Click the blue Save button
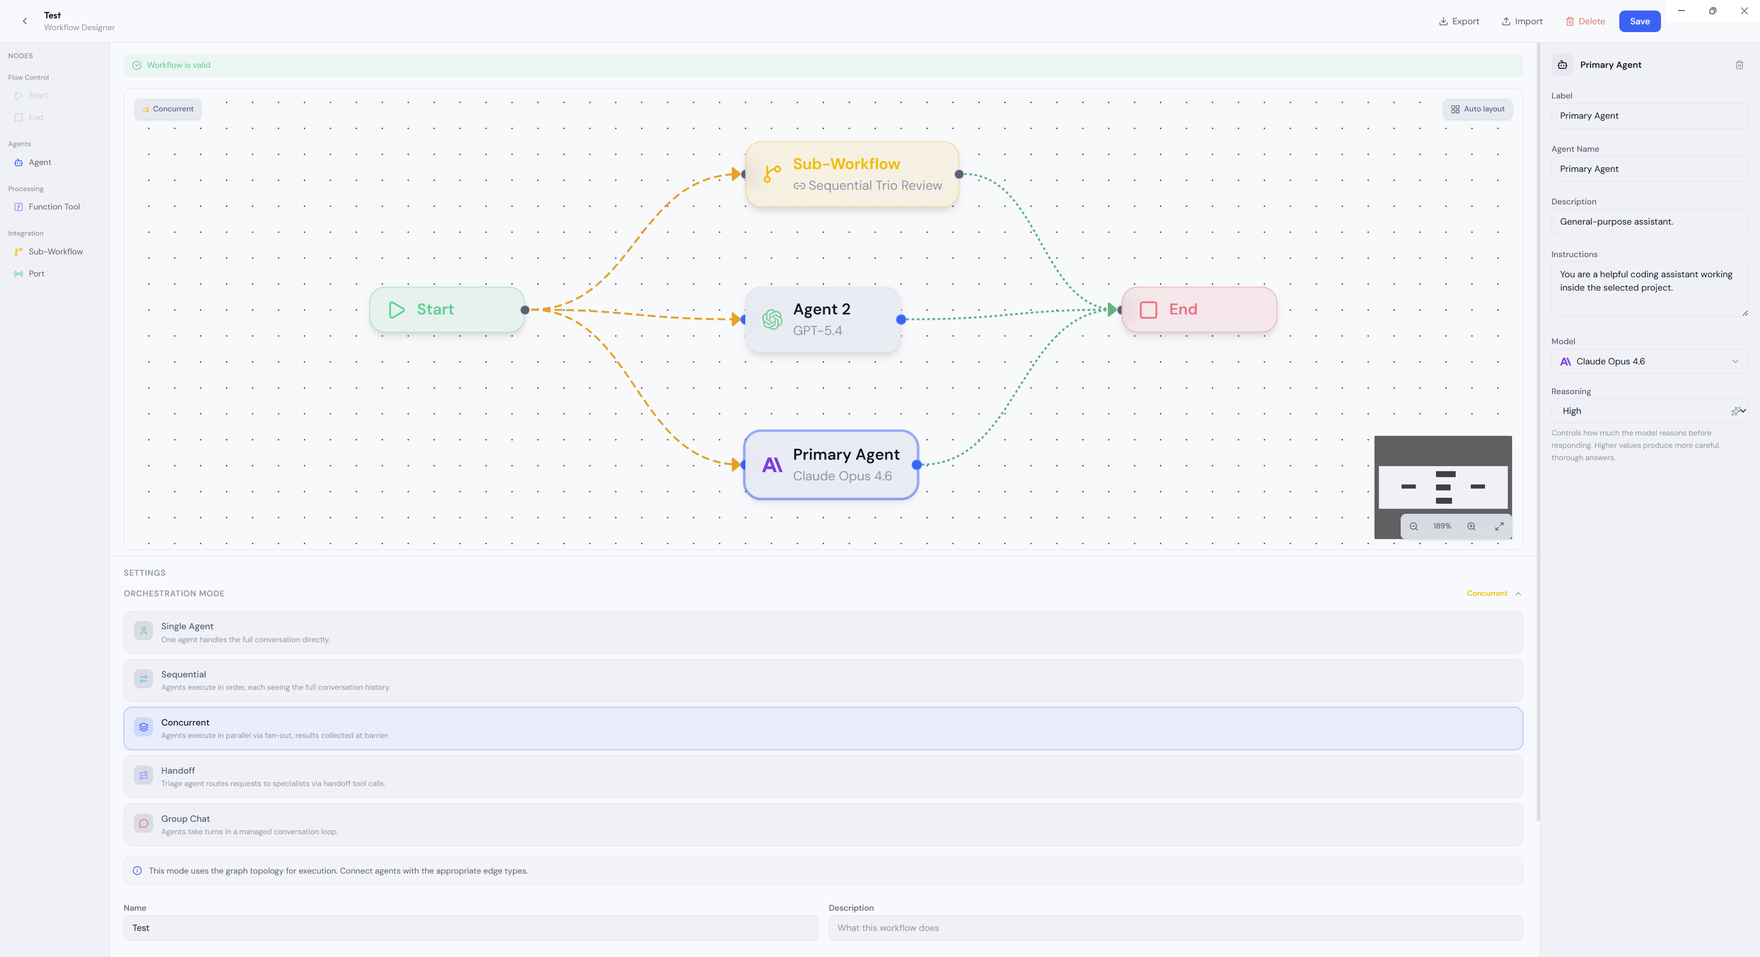point(1639,21)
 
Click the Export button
point(1459,21)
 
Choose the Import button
point(1522,21)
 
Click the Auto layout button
point(1477,109)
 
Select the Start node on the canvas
point(447,309)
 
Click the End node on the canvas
point(1199,309)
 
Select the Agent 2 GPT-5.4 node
point(823,319)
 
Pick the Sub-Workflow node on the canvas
point(852,174)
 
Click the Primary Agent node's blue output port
point(917,464)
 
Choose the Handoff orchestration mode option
point(823,776)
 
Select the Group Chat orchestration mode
point(823,825)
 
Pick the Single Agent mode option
point(823,632)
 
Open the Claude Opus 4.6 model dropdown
point(1650,361)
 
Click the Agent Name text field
point(1650,169)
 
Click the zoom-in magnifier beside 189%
point(1471,527)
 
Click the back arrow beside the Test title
point(25,21)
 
